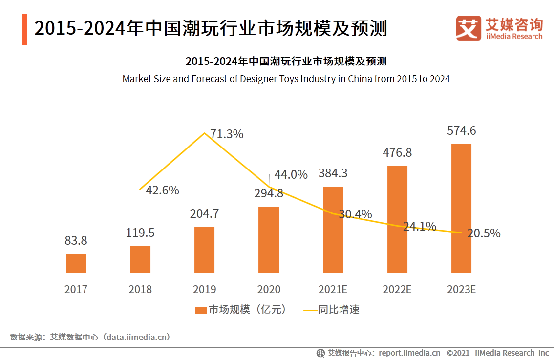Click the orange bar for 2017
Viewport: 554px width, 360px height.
tap(76, 263)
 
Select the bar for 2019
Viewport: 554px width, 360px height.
tap(204, 250)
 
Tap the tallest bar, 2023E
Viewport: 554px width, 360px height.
tap(461, 208)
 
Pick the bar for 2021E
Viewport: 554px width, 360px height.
tap(333, 230)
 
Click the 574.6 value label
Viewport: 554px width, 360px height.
tap(461, 131)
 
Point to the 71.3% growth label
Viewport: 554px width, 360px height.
tap(227, 134)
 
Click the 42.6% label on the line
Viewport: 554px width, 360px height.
tap(163, 191)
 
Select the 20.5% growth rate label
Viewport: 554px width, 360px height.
tap(484, 233)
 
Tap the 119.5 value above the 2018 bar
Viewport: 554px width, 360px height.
tap(140, 233)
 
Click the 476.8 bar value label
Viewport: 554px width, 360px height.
tap(397, 153)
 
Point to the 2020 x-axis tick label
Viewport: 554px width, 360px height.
tap(268, 289)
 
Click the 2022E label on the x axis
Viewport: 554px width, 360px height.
tap(397, 289)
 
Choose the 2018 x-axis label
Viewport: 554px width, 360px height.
tap(140, 289)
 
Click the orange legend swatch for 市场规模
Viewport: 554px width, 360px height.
tap(201, 310)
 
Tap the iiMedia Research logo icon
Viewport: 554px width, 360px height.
tap(469, 28)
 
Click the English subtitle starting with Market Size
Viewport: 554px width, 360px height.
tap(286, 78)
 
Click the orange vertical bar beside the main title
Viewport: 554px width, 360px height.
tap(24, 29)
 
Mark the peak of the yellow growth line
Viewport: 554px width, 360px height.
tap(204, 132)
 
